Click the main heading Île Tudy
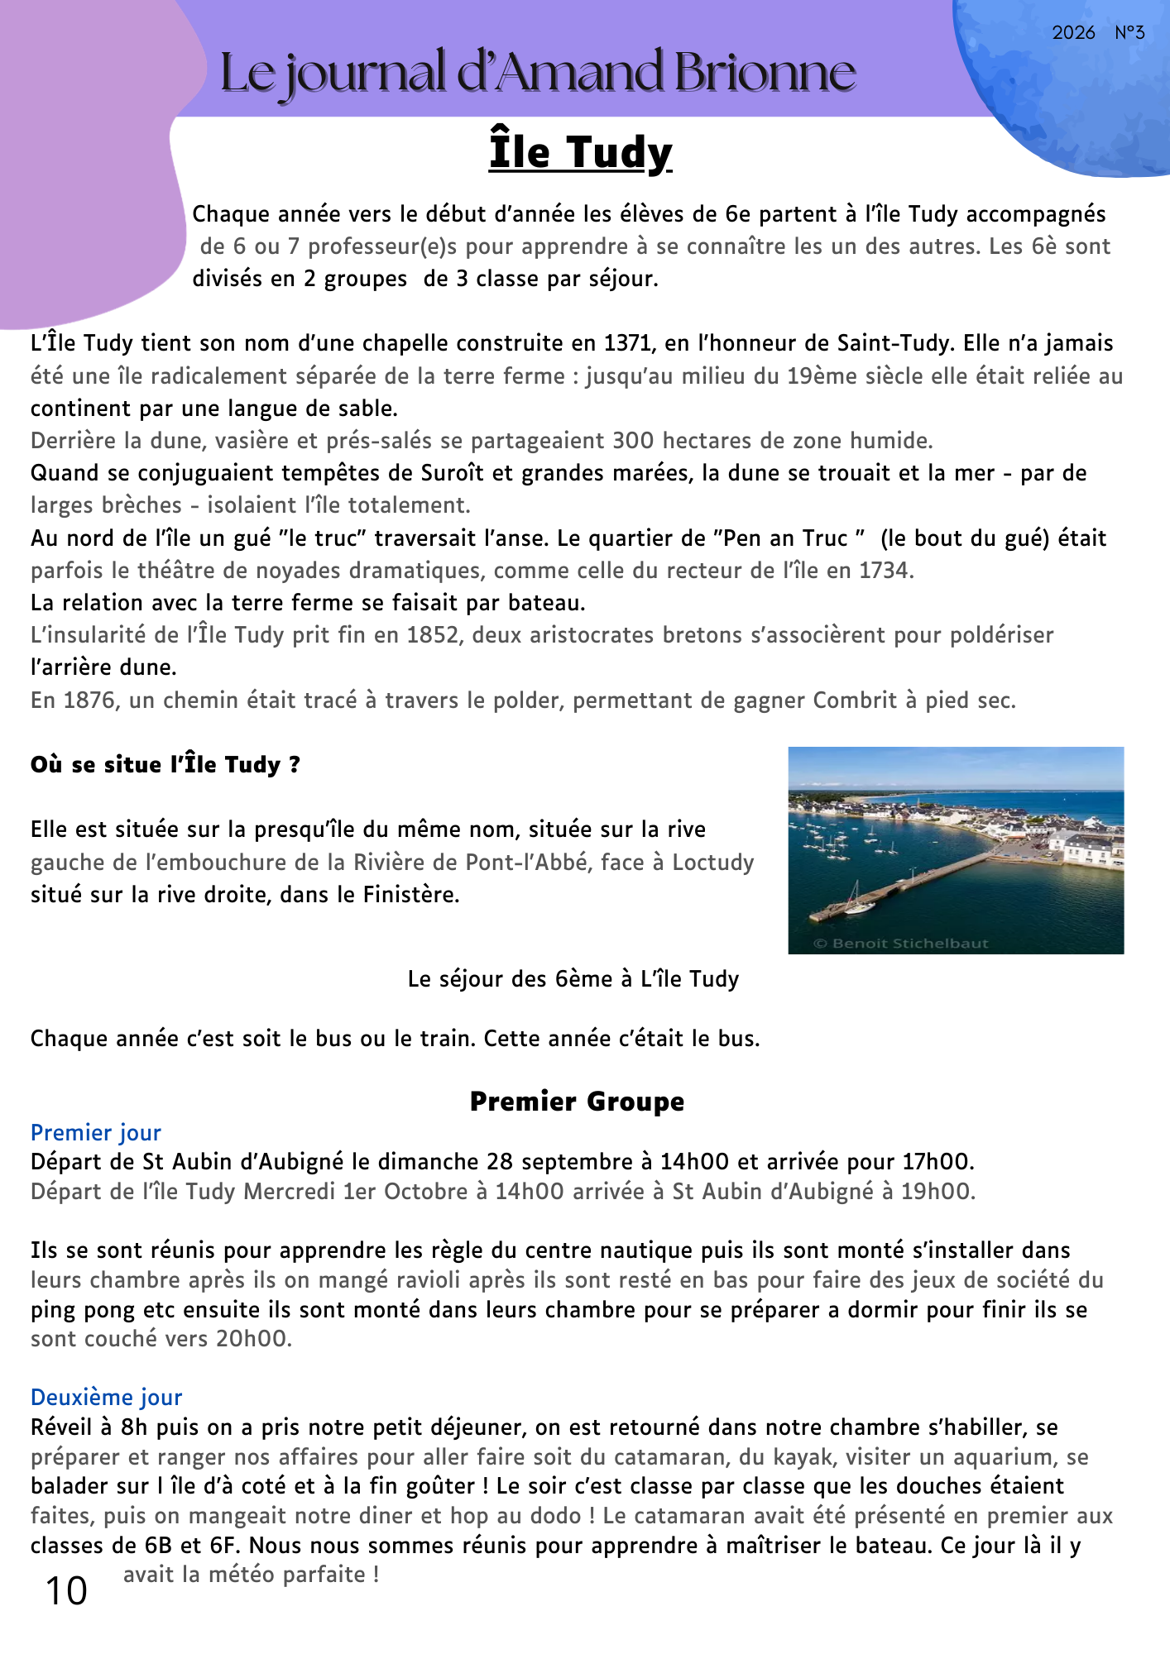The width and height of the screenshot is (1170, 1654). point(580,153)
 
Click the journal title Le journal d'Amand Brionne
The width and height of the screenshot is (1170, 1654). point(538,73)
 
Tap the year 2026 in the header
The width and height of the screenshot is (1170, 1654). point(1073,33)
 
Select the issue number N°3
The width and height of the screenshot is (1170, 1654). point(1129,33)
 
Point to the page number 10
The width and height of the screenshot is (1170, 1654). point(66,1591)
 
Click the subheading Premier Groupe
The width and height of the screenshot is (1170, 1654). point(577,1102)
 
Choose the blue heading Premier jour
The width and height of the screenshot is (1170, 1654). point(96,1133)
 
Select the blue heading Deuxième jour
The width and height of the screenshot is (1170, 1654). point(106,1398)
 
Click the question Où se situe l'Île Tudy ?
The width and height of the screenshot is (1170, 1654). point(165,765)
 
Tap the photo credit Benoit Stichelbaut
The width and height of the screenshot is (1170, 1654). point(901,944)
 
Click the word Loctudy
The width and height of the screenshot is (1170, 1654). point(712,863)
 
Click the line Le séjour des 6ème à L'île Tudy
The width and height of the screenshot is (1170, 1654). point(573,979)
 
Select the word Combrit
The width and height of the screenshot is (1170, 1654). point(855,700)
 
